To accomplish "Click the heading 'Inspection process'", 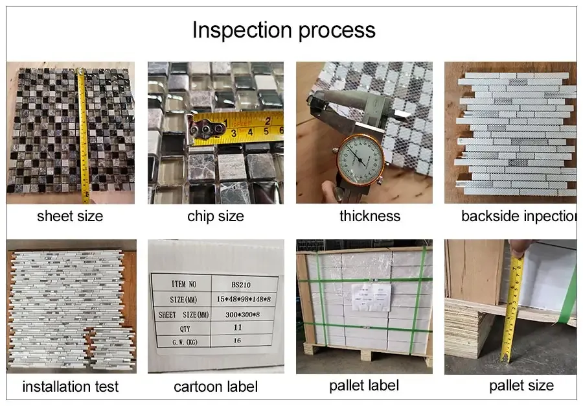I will click(284, 30).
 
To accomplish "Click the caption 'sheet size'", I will click(70, 217).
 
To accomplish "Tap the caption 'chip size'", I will click(215, 217).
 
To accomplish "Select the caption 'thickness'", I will click(370, 217).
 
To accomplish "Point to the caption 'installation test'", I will click(71, 387).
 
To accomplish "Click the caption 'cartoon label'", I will click(216, 387).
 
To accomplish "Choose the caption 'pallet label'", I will click(364, 386).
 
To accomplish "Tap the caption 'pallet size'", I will click(521, 386).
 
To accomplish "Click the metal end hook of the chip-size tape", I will click(205, 130).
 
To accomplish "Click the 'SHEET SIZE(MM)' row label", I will click(181, 315).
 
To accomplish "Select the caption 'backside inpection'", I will click(518, 217).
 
